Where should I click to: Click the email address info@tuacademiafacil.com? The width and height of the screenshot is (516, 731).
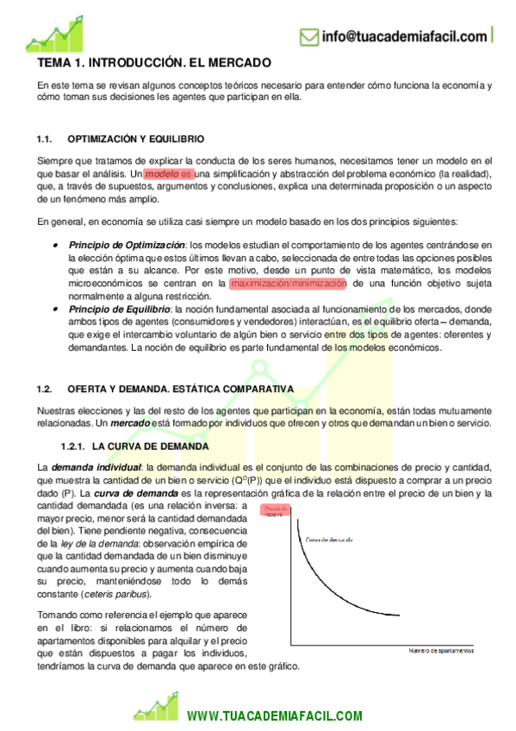[403, 36]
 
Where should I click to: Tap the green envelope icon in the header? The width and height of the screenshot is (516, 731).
[308, 36]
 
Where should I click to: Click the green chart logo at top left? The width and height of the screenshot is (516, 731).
[53, 35]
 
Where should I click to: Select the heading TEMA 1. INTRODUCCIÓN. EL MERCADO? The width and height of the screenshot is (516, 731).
[154, 64]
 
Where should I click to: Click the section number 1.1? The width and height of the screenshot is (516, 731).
[46, 139]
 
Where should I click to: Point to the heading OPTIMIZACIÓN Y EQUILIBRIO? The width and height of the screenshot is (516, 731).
[135, 139]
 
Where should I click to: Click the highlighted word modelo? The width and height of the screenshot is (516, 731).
[162, 173]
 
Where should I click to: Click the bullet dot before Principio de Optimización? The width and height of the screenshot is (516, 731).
[55, 245]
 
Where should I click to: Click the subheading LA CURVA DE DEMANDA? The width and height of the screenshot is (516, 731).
[149, 447]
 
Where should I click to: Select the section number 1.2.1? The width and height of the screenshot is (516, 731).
[71, 447]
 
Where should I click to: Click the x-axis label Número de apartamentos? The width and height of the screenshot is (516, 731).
[440, 652]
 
